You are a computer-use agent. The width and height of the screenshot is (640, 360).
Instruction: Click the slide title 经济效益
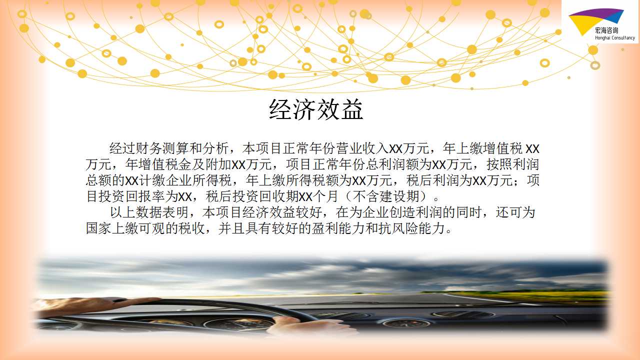pyautogui.click(x=316, y=109)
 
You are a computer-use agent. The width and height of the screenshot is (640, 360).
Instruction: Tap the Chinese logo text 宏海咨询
pyautogui.click(x=606, y=30)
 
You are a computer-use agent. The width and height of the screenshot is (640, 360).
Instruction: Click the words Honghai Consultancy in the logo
pyautogui.click(x=615, y=37)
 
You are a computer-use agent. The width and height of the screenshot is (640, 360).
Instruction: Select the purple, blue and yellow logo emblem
pyautogui.click(x=595, y=20)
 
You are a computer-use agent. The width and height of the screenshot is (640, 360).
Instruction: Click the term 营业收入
pyautogui.click(x=362, y=148)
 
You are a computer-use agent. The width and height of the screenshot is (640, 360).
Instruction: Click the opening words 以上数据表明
pyautogui.click(x=149, y=212)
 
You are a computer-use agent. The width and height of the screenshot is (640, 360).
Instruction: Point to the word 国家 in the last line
pyautogui.click(x=98, y=228)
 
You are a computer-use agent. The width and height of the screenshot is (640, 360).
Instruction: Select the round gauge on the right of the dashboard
pyautogui.click(x=407, y=323)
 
